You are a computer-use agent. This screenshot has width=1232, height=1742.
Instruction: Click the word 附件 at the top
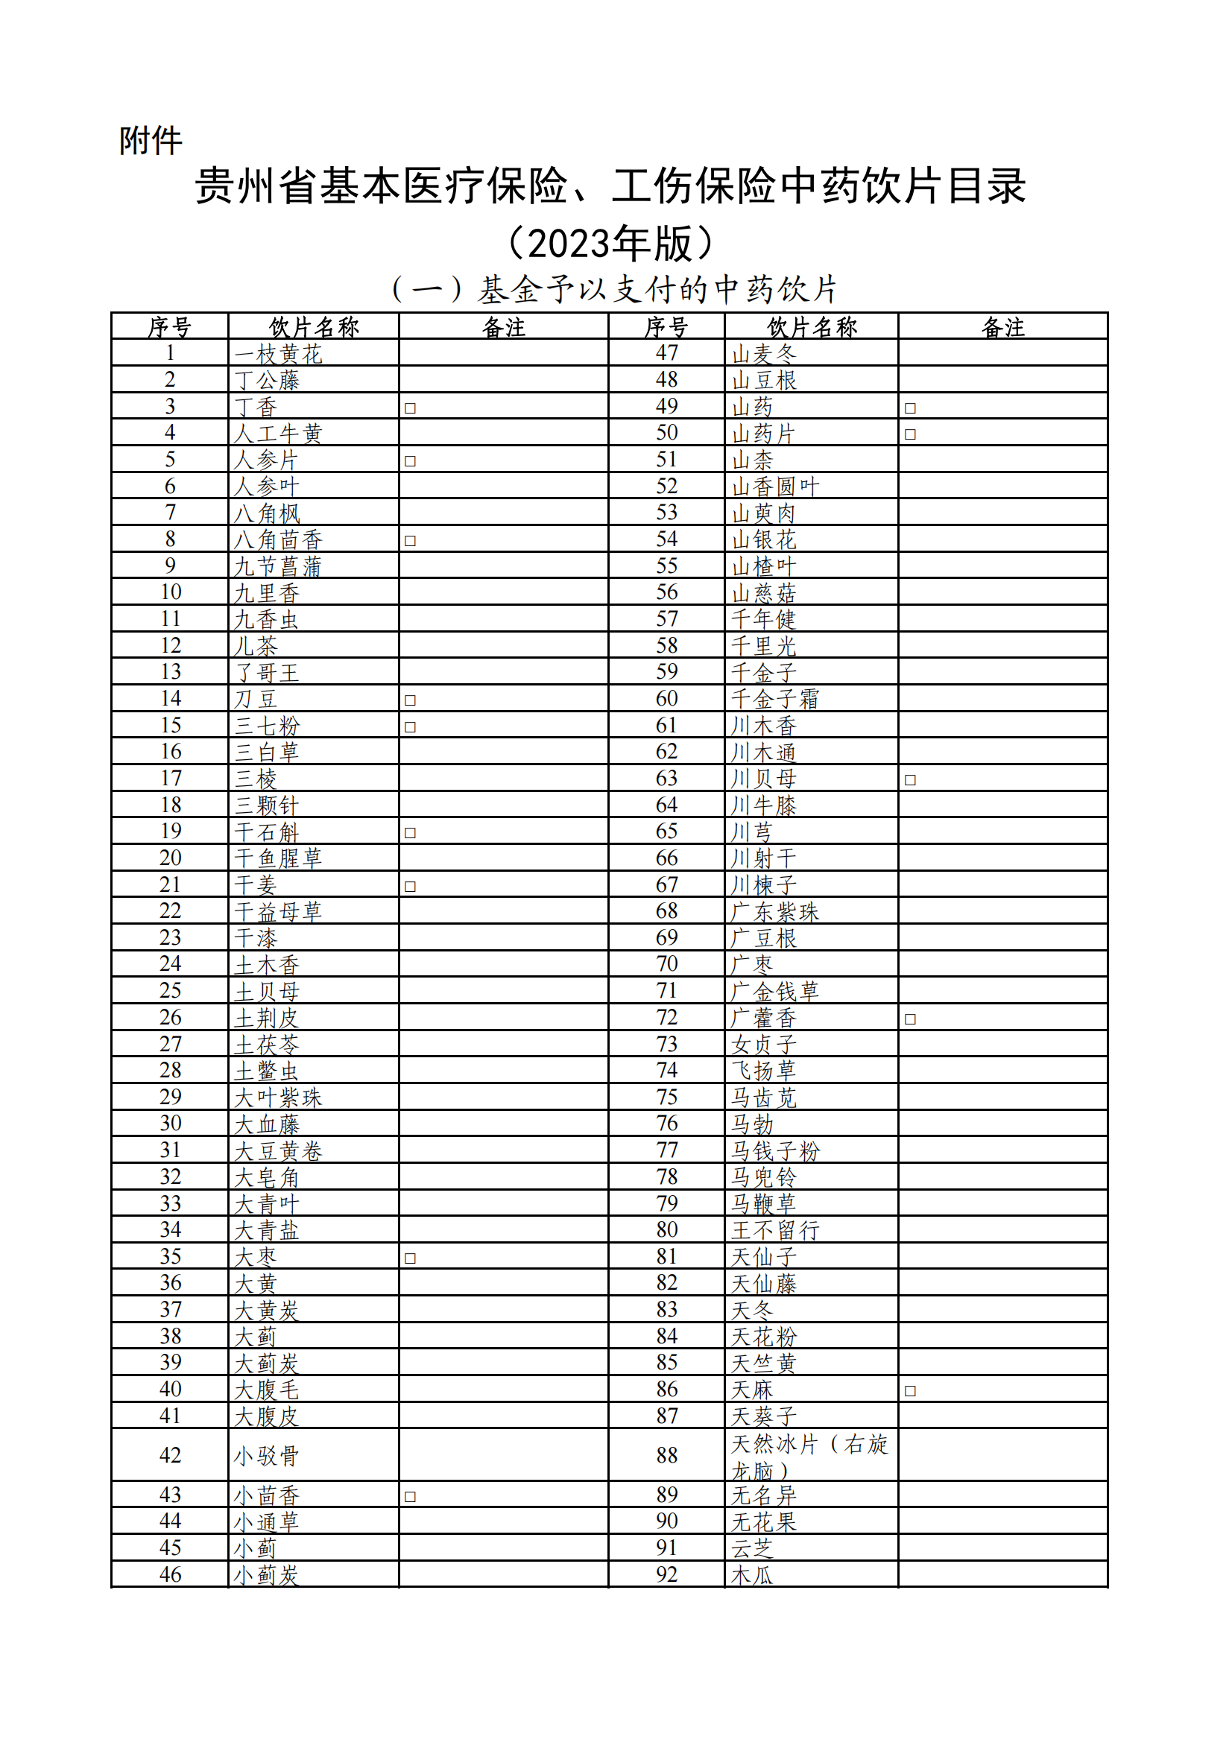pos(151,141)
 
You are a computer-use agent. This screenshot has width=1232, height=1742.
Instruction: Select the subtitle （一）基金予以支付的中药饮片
pos(615,289)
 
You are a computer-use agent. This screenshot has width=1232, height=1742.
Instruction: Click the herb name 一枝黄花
pos(279,355)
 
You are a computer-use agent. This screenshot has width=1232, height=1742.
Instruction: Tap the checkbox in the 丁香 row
pos(410,408)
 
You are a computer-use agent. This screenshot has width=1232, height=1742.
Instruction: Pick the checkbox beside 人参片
pos(410,461)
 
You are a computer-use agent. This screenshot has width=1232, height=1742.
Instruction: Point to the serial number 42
pos(170,1455)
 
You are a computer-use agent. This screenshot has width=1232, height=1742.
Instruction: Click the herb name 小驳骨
pos(266,1456)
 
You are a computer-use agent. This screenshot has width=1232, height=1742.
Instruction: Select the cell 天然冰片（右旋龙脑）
pos(809,1456)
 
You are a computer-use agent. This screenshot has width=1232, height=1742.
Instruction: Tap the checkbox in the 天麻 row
pos(910,1391)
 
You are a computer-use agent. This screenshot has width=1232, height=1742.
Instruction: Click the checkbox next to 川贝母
pos(910,780)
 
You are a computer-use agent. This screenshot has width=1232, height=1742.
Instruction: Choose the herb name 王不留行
pos(775,1231)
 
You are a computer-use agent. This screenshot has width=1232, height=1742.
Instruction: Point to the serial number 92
pos(666,1574)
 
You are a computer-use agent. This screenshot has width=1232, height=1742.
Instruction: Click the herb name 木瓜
pos(752,1575)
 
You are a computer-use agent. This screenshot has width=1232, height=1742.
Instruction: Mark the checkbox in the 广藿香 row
pos(910,1019)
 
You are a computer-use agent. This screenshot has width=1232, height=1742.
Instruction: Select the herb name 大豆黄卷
pos(279,1151)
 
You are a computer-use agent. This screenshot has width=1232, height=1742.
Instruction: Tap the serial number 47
pos(666,353)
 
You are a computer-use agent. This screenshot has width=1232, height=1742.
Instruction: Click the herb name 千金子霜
pos(775,699)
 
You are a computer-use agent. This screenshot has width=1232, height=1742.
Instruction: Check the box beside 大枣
pos(410,1258)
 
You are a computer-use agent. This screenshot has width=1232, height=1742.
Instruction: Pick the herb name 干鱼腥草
pos(279,858)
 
